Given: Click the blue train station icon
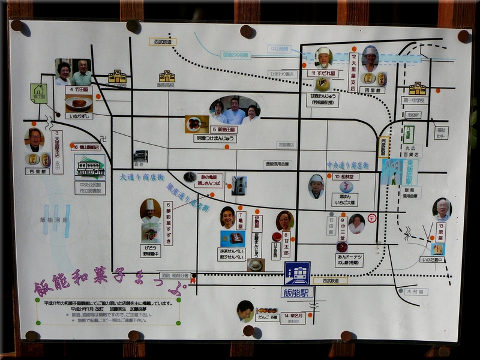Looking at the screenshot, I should pos(297,274).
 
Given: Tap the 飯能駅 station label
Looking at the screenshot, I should pos(297,293).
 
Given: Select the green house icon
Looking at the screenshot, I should pos(38,93).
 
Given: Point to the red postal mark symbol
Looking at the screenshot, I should pos(372,217).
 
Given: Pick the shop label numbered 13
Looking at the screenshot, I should pos(441,232).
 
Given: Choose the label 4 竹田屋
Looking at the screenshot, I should pos(79,89).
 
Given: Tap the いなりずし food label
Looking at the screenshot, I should pos(79,115).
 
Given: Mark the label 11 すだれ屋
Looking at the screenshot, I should pos(323,73).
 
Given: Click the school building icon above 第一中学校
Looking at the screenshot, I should pos(417,89).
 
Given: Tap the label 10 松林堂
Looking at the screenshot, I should pos(345,177).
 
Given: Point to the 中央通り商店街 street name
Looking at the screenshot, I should pos(347,165).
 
